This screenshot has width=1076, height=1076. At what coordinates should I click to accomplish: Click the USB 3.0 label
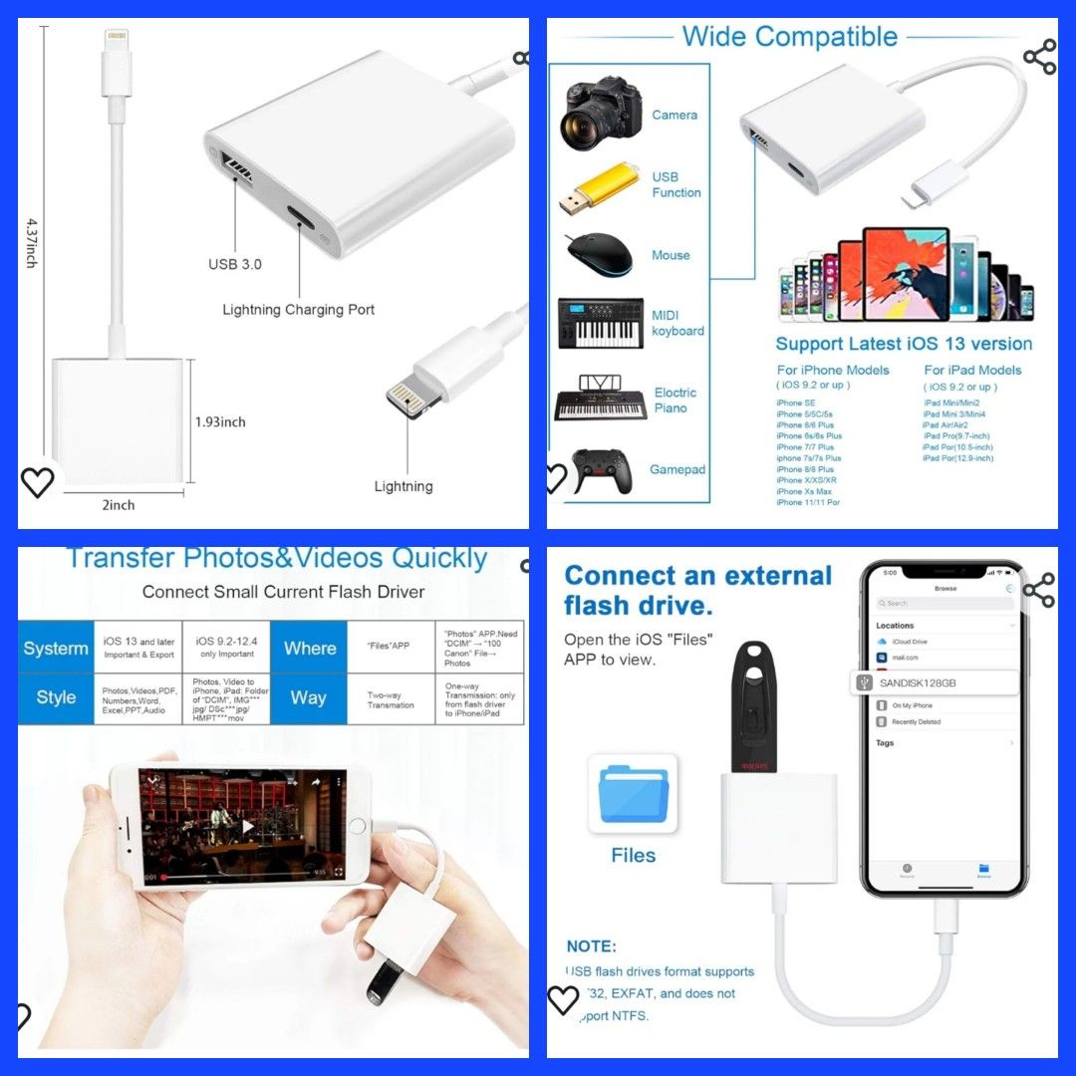235,264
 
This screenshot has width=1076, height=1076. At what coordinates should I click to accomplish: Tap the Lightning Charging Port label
299,310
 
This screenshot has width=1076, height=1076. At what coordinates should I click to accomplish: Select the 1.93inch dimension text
220,421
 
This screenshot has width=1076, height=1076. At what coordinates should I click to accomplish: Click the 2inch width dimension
118,505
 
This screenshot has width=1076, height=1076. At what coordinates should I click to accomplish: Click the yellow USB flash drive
598,186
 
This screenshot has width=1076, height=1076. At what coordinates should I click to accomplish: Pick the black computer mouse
600,254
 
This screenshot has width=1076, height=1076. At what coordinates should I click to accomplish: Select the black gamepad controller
601,470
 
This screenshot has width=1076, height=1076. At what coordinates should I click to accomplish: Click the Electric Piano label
675,401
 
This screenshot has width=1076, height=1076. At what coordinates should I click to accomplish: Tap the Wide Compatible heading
790,37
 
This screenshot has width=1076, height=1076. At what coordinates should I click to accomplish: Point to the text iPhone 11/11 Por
808,502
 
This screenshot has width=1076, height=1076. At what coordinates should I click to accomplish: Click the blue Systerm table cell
56,648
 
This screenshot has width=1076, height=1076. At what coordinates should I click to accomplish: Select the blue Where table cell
310,648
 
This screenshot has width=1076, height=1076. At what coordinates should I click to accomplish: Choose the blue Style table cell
56,697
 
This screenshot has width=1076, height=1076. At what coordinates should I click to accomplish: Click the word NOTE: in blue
592,945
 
